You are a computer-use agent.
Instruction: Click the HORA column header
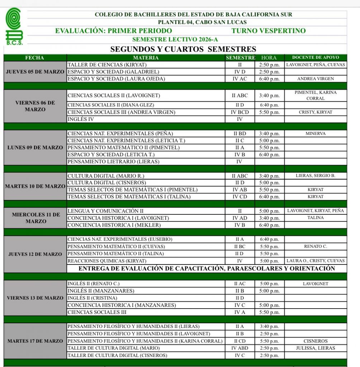click(x=269, y=58)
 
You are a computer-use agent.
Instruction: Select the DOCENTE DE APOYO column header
click(x=315, y=57)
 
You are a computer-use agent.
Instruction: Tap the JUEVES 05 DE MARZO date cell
click(x=35, y=72)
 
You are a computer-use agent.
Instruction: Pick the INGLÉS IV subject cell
click(x=81, y=119)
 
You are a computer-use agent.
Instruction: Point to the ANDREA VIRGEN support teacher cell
click(x=315, y=79)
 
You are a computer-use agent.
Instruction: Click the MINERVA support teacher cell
click(x=315, y=134)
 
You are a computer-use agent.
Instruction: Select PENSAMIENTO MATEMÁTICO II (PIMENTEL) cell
click(x=123, y=148)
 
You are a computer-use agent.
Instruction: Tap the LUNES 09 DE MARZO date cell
click(x=35, y=148)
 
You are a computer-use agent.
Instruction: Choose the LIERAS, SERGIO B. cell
click(x=315, y=176)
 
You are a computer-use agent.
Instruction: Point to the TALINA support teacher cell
click(x=315, y=218)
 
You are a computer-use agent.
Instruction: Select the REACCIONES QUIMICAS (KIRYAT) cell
click(x=104, y=261)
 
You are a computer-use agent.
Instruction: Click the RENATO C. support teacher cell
click(x=315, y=247)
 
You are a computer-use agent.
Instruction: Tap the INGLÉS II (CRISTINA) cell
click(x=92, y=298)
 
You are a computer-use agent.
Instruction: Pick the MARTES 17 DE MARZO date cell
click(x=35, y=341)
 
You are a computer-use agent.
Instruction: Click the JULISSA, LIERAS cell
click(x=315, y=348)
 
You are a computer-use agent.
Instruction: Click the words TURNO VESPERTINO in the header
click(x=269, y=31)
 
